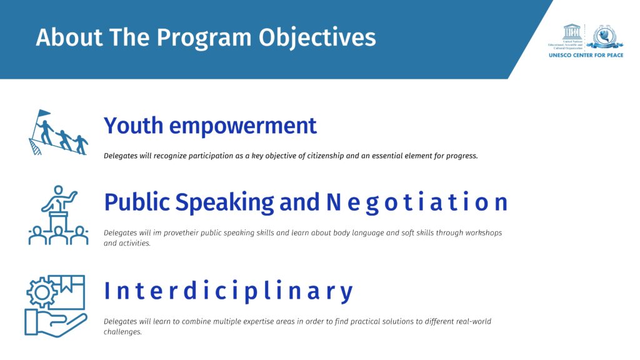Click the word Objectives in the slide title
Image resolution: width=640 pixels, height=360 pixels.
click(317, 38)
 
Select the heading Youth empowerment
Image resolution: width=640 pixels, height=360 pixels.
click(210, 126)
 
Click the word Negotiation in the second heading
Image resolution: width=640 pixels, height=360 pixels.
click(417, 202)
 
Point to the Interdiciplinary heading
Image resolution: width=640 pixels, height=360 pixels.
click(228, 291)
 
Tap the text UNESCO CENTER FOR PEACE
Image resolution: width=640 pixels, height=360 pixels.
click(586, 55)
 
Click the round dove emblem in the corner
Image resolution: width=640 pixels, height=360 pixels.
click(605, 37)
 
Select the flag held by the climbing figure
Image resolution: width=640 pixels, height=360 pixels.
click(43, 113)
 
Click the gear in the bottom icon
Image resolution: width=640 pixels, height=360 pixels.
click(42, 292)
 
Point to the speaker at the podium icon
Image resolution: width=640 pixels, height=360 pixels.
click(59, 199)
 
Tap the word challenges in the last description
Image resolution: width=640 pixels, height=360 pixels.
click(122, 332)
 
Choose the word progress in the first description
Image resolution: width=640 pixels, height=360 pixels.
click(462, 156)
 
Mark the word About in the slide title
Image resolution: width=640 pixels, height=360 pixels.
click(69, 37)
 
